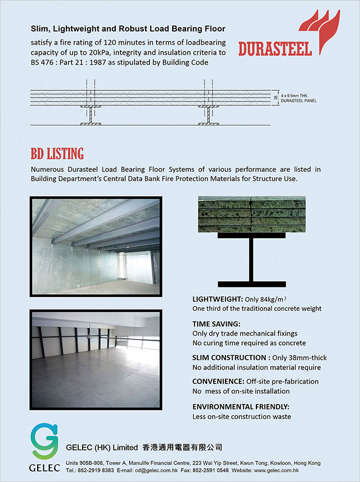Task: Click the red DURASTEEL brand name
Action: point(275,48)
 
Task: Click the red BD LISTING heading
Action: point(57,153)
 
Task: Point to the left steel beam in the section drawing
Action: point(90,115)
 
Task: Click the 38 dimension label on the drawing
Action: point(276,98)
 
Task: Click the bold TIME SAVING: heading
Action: point(215,324)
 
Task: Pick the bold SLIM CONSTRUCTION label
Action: point(229,357)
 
